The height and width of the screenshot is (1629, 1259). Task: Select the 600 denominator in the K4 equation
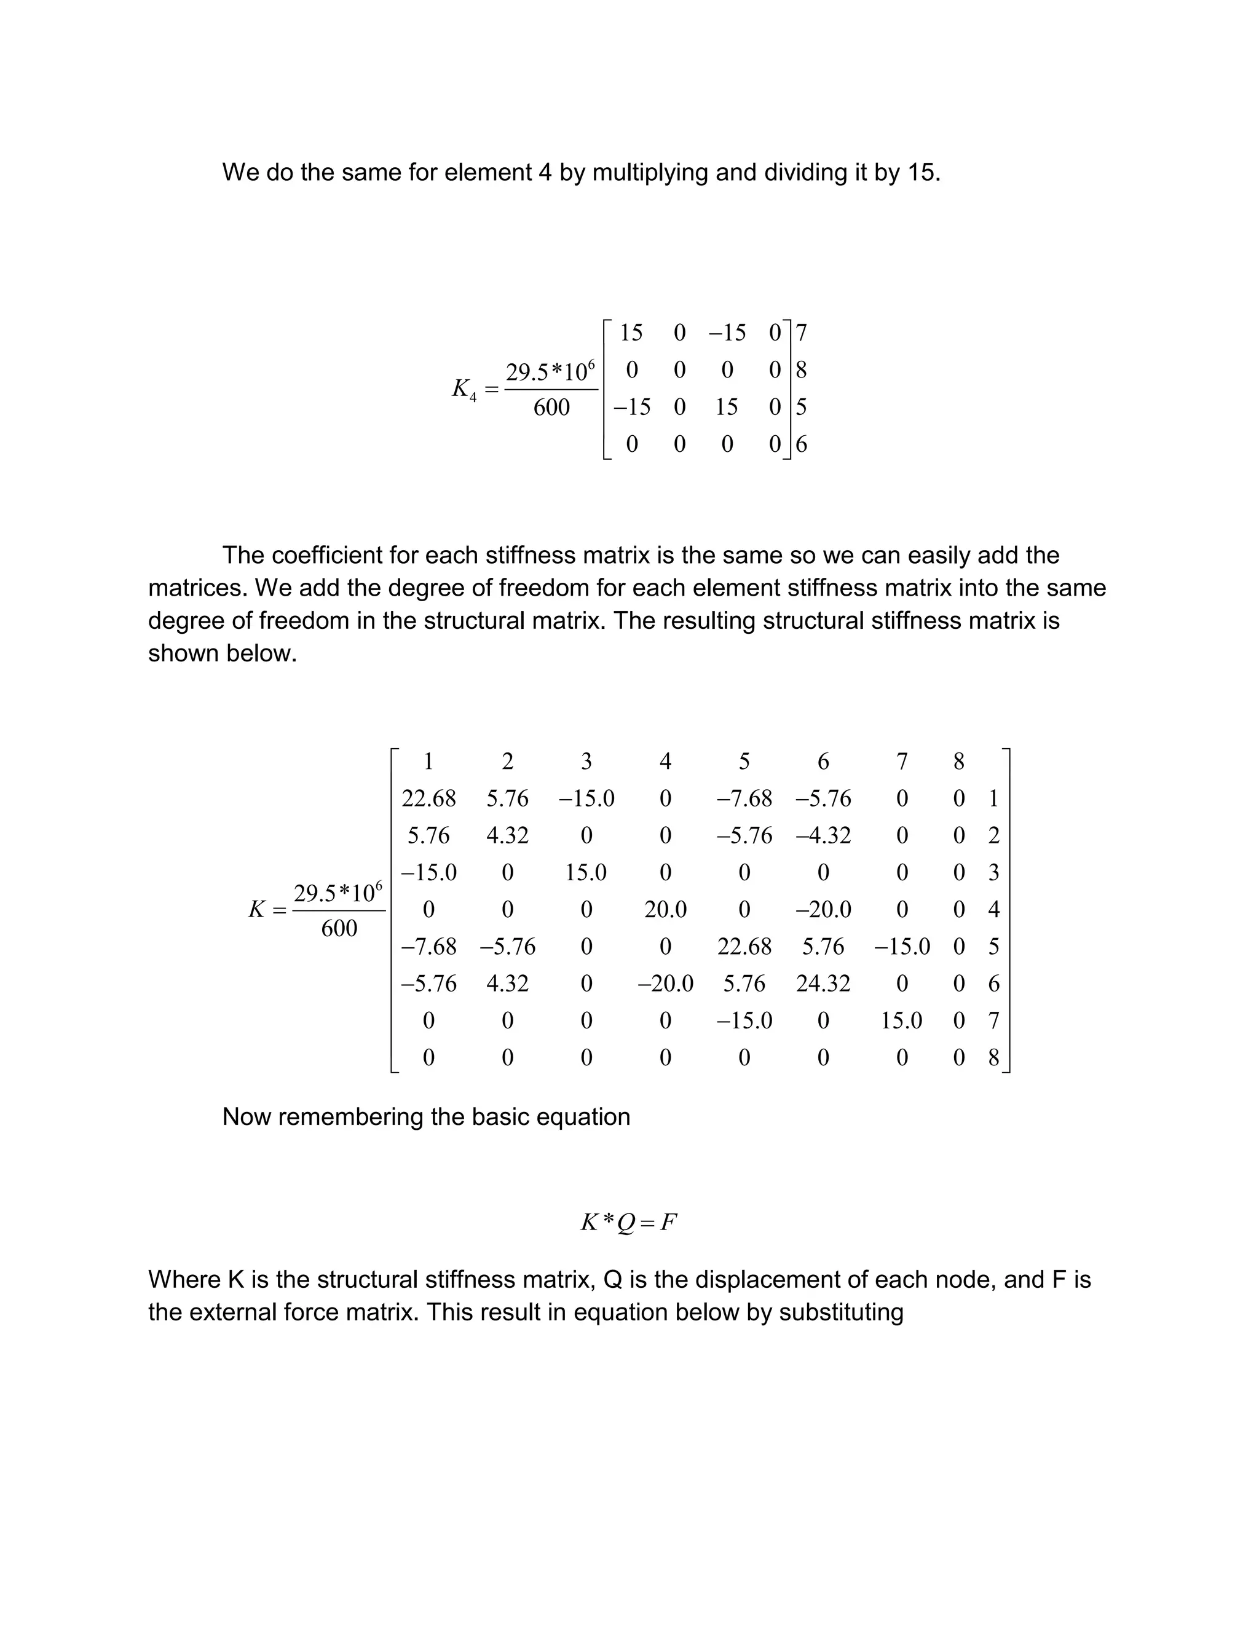coord(551,407)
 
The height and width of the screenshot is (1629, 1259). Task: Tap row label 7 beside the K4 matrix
coord(801,333)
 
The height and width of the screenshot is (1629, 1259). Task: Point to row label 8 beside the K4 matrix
coord(801,370)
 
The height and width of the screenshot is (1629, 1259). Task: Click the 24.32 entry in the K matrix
coord(823,984)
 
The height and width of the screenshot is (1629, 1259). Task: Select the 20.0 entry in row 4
coord(665,909)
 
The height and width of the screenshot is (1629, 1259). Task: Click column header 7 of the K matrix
coord(902,762)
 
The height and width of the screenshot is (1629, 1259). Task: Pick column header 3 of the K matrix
coord(586,762)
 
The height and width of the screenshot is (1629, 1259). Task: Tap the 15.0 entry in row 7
coord(901,1020)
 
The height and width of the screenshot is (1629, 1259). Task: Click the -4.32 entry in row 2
coord(823,835)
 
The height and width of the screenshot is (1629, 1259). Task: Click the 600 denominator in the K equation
coord(339,929)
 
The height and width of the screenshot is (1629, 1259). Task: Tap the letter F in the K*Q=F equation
coord(668,1223)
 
